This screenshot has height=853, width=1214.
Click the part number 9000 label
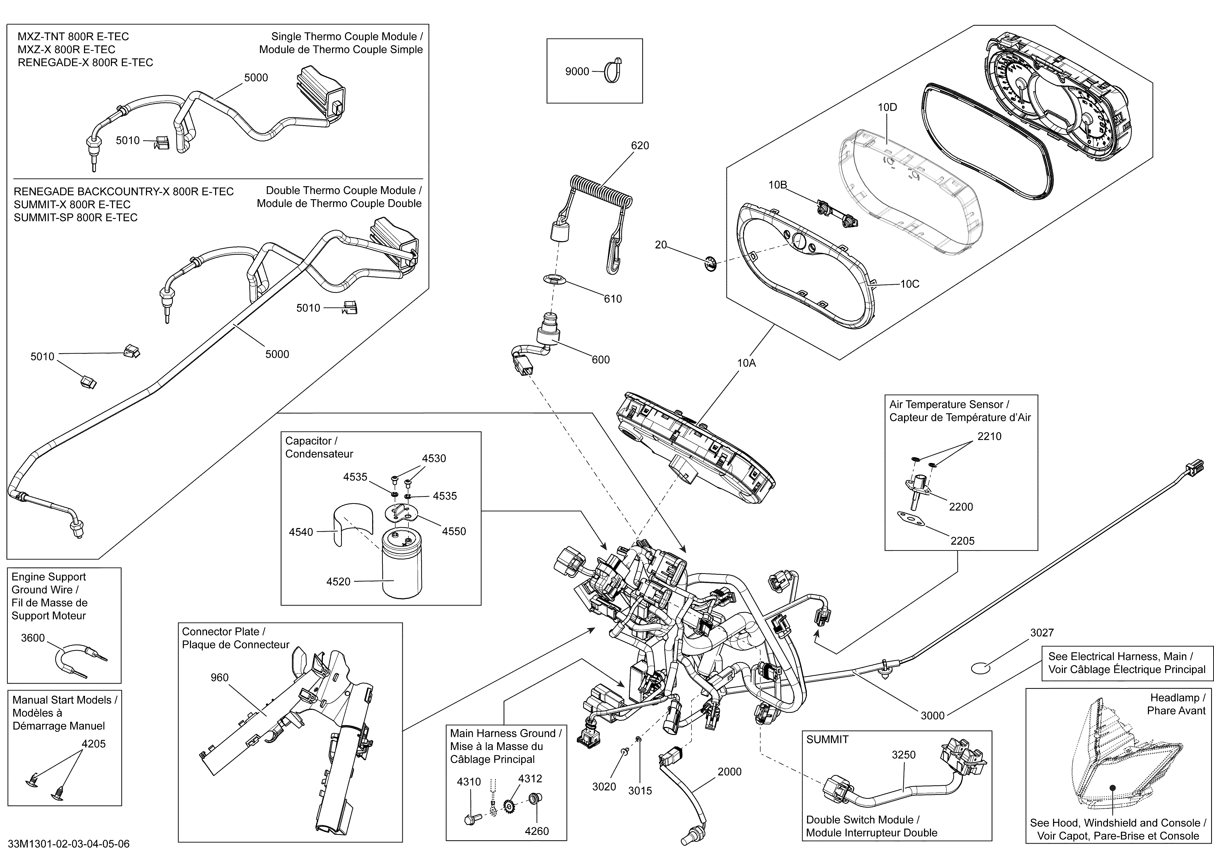[x=577, y=71]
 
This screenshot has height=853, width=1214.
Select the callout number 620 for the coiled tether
[x=640, y=145]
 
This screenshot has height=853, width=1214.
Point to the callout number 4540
[x=301, y=532]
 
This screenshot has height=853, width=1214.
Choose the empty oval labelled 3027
[x=980, y=668]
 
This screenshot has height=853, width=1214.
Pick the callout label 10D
[x=887, y=107]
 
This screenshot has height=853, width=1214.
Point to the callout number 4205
[x=94, y=744]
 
